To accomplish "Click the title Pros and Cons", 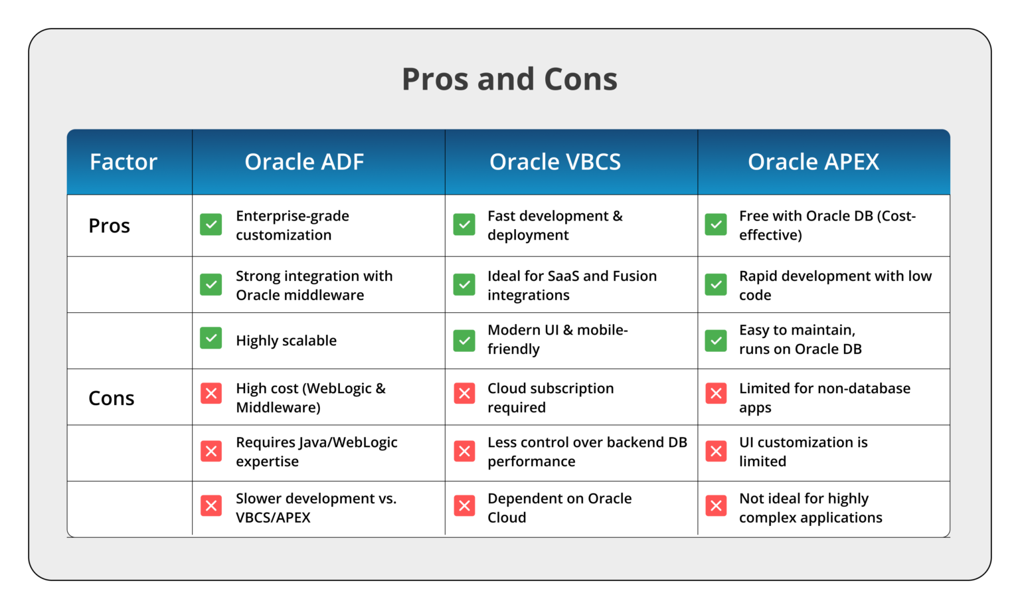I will [509, 79].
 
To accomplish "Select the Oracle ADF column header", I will [304, 162].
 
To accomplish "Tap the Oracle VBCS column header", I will [555, 162].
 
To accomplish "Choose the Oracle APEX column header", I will [813, 162].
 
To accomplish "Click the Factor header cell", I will [124, 162].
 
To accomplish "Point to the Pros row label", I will [109, 226].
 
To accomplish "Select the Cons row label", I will [111, 398].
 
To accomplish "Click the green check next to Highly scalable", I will [211, 338].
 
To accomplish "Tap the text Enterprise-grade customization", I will [292, 225].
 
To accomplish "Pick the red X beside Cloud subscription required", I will [464, 393].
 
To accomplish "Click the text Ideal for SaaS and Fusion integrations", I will [571, 285].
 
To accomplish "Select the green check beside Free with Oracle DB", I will [716, 224].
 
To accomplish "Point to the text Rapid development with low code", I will [835, 285].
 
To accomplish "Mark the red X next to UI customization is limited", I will [716, 452].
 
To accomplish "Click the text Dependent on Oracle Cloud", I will [559, 507].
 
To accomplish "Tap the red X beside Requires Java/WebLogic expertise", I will [211, 452].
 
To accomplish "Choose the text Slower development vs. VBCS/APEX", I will [315, 507].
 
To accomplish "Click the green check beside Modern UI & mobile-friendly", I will [464, 341].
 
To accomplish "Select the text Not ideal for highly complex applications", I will [810, 507].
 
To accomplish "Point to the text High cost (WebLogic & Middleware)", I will [310, 398].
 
